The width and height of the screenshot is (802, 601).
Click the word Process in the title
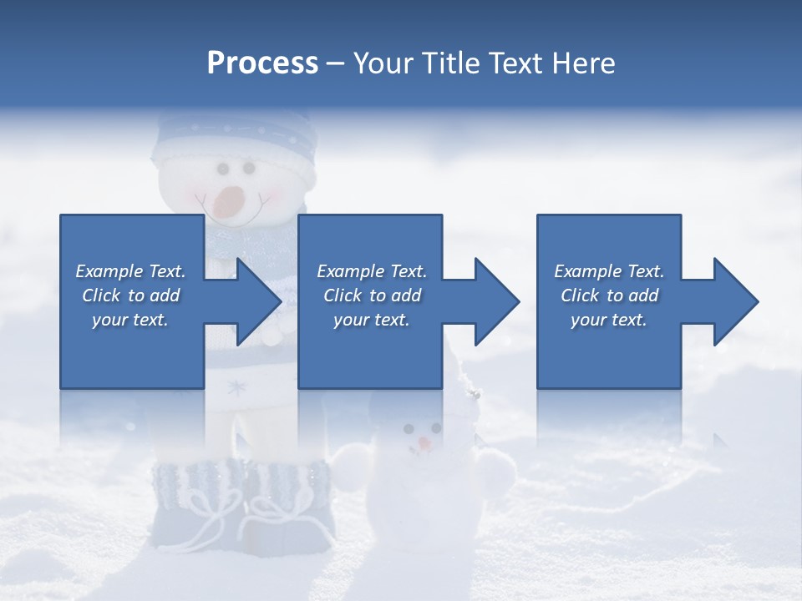(x=262, y=63)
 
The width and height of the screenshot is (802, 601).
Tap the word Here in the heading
(x=581, y=63)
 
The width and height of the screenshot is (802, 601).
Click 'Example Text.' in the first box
(x=130, y=271)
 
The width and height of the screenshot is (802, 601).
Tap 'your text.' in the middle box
(x=371, y=320)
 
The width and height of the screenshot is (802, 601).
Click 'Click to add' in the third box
(x=609, y=295)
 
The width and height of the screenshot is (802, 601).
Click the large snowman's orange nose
(x=229, y=200)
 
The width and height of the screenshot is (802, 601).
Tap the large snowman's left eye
(x=222, y=169)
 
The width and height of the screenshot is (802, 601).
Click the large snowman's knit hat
(x=235, y=142)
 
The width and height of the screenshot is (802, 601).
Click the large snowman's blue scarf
(x=251, y=242)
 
